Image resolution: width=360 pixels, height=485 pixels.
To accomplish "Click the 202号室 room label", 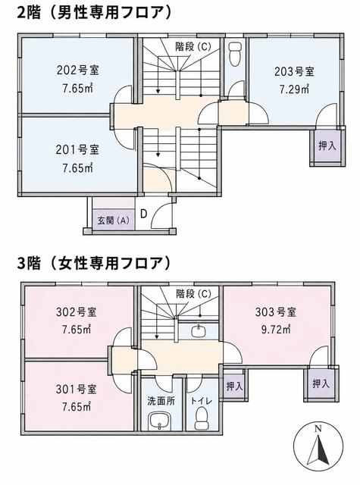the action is [77, 70].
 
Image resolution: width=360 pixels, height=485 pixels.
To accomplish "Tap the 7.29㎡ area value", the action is [294, 89].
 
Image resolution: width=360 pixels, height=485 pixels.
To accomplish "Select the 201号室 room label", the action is [77, 150].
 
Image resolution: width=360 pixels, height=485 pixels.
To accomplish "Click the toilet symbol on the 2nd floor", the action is [235, 54].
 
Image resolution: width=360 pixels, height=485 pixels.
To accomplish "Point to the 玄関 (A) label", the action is [113, 221].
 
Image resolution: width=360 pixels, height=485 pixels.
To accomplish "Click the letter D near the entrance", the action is [143, 214].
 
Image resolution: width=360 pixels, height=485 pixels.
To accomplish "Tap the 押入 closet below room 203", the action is [327, 145].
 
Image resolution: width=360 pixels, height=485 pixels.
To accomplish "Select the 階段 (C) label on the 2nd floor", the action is [193, 47].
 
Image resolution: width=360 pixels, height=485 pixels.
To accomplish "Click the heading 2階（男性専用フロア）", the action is [94, 13].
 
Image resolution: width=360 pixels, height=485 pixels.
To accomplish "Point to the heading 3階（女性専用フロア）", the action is [94, 263].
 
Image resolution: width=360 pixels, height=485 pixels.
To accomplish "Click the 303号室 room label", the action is [275, 312].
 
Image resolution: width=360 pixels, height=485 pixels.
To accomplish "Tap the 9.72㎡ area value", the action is [276, 330].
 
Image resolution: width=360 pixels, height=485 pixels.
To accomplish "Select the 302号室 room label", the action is [77, 311].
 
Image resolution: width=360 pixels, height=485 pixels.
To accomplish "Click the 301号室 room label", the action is [77, 389].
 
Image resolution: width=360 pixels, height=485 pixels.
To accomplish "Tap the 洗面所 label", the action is [161, 401].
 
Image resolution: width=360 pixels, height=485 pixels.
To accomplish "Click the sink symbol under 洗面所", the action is [159, 421].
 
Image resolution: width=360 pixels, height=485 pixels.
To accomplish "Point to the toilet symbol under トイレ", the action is [202, 418].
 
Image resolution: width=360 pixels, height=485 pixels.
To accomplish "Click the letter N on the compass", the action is [318, 429].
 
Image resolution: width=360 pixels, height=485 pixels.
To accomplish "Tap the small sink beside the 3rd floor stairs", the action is [198, 331].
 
